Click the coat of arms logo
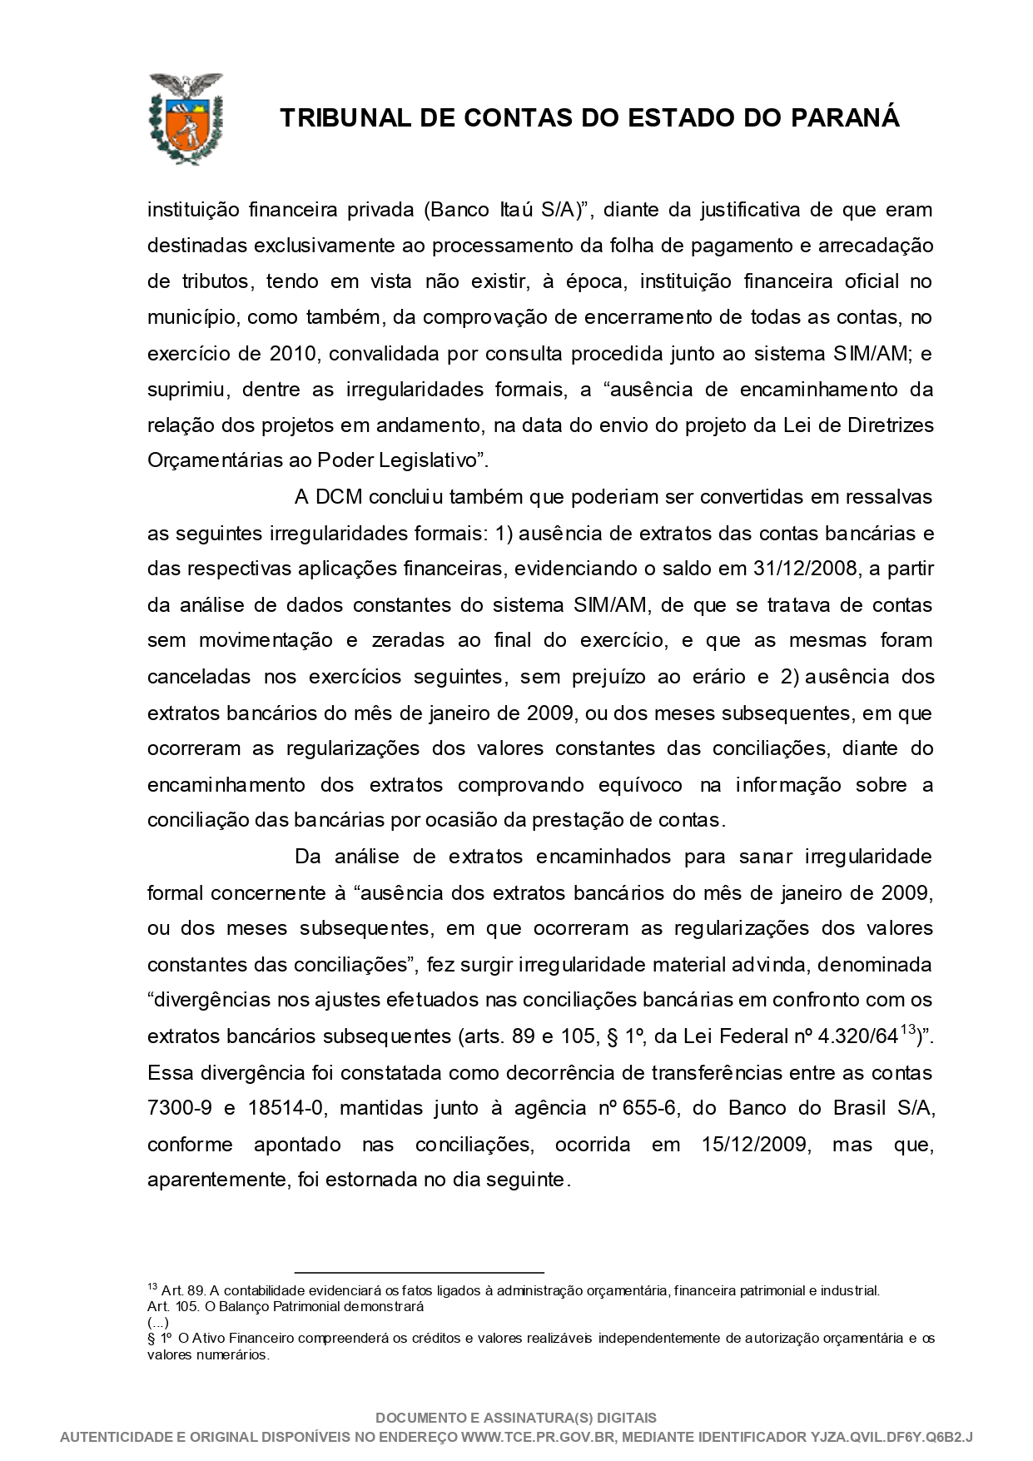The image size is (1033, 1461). click(185, 118)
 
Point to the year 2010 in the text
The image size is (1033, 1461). click(292, 354)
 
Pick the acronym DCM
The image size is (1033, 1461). click(340, 497)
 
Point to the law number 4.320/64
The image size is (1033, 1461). click(858, 1037)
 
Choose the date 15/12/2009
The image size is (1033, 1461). click(754, 1145)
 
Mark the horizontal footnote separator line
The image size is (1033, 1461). click(419, 1272)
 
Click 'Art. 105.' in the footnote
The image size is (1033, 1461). click(172, 1306)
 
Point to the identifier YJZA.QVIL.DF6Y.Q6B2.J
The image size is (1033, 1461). click(891, 1438)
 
